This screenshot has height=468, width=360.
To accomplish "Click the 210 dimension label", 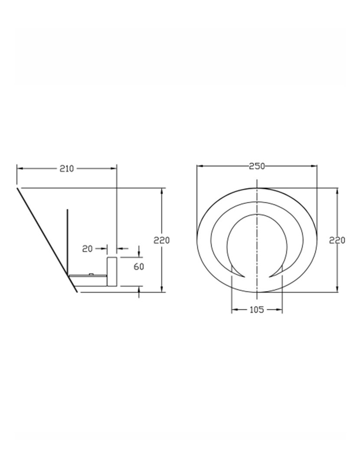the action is tap(66, 169).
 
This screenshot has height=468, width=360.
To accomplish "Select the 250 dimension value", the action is tap(257, 166).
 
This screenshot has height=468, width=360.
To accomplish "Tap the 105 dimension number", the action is tap(257, 310).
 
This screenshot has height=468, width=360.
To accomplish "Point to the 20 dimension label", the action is tap(88, 249).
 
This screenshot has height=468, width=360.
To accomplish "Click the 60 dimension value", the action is tap(139, 266).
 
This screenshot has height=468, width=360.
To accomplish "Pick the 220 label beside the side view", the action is tap(162, 240).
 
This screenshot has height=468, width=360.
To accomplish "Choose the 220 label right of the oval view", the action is tap(337, 240).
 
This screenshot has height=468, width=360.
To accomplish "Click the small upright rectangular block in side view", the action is tap(112, 271).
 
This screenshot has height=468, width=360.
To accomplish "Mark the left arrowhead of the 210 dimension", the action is tap(20, 169).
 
